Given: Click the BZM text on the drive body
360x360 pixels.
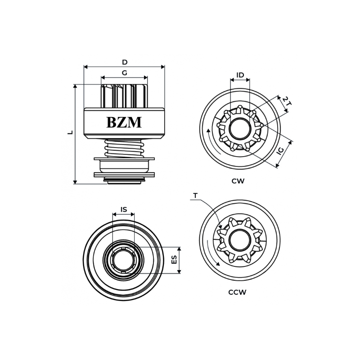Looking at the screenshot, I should (124, 122).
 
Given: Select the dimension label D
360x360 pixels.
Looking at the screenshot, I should (125, 62).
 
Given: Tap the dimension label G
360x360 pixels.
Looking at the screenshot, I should (124, 73).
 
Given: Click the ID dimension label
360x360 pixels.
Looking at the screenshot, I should (240, 75).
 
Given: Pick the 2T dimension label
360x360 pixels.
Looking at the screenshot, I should (287, 101).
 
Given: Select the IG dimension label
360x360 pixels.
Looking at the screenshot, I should (280, 151).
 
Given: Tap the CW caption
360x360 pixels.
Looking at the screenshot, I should (238, 181).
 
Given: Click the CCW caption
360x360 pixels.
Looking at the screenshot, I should (237, 292).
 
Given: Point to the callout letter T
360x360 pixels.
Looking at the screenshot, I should (195, 196).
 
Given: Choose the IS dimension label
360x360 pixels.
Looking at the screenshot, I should (123, 210).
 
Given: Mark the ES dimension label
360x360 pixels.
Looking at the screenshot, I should (174, 260).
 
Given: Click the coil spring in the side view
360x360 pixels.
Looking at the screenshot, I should (124, 148).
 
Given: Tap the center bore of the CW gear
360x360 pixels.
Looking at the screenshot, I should (240, 129).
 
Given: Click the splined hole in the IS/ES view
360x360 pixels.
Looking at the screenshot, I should (123, 260).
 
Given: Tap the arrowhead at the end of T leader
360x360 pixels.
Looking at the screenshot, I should (220, 228).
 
